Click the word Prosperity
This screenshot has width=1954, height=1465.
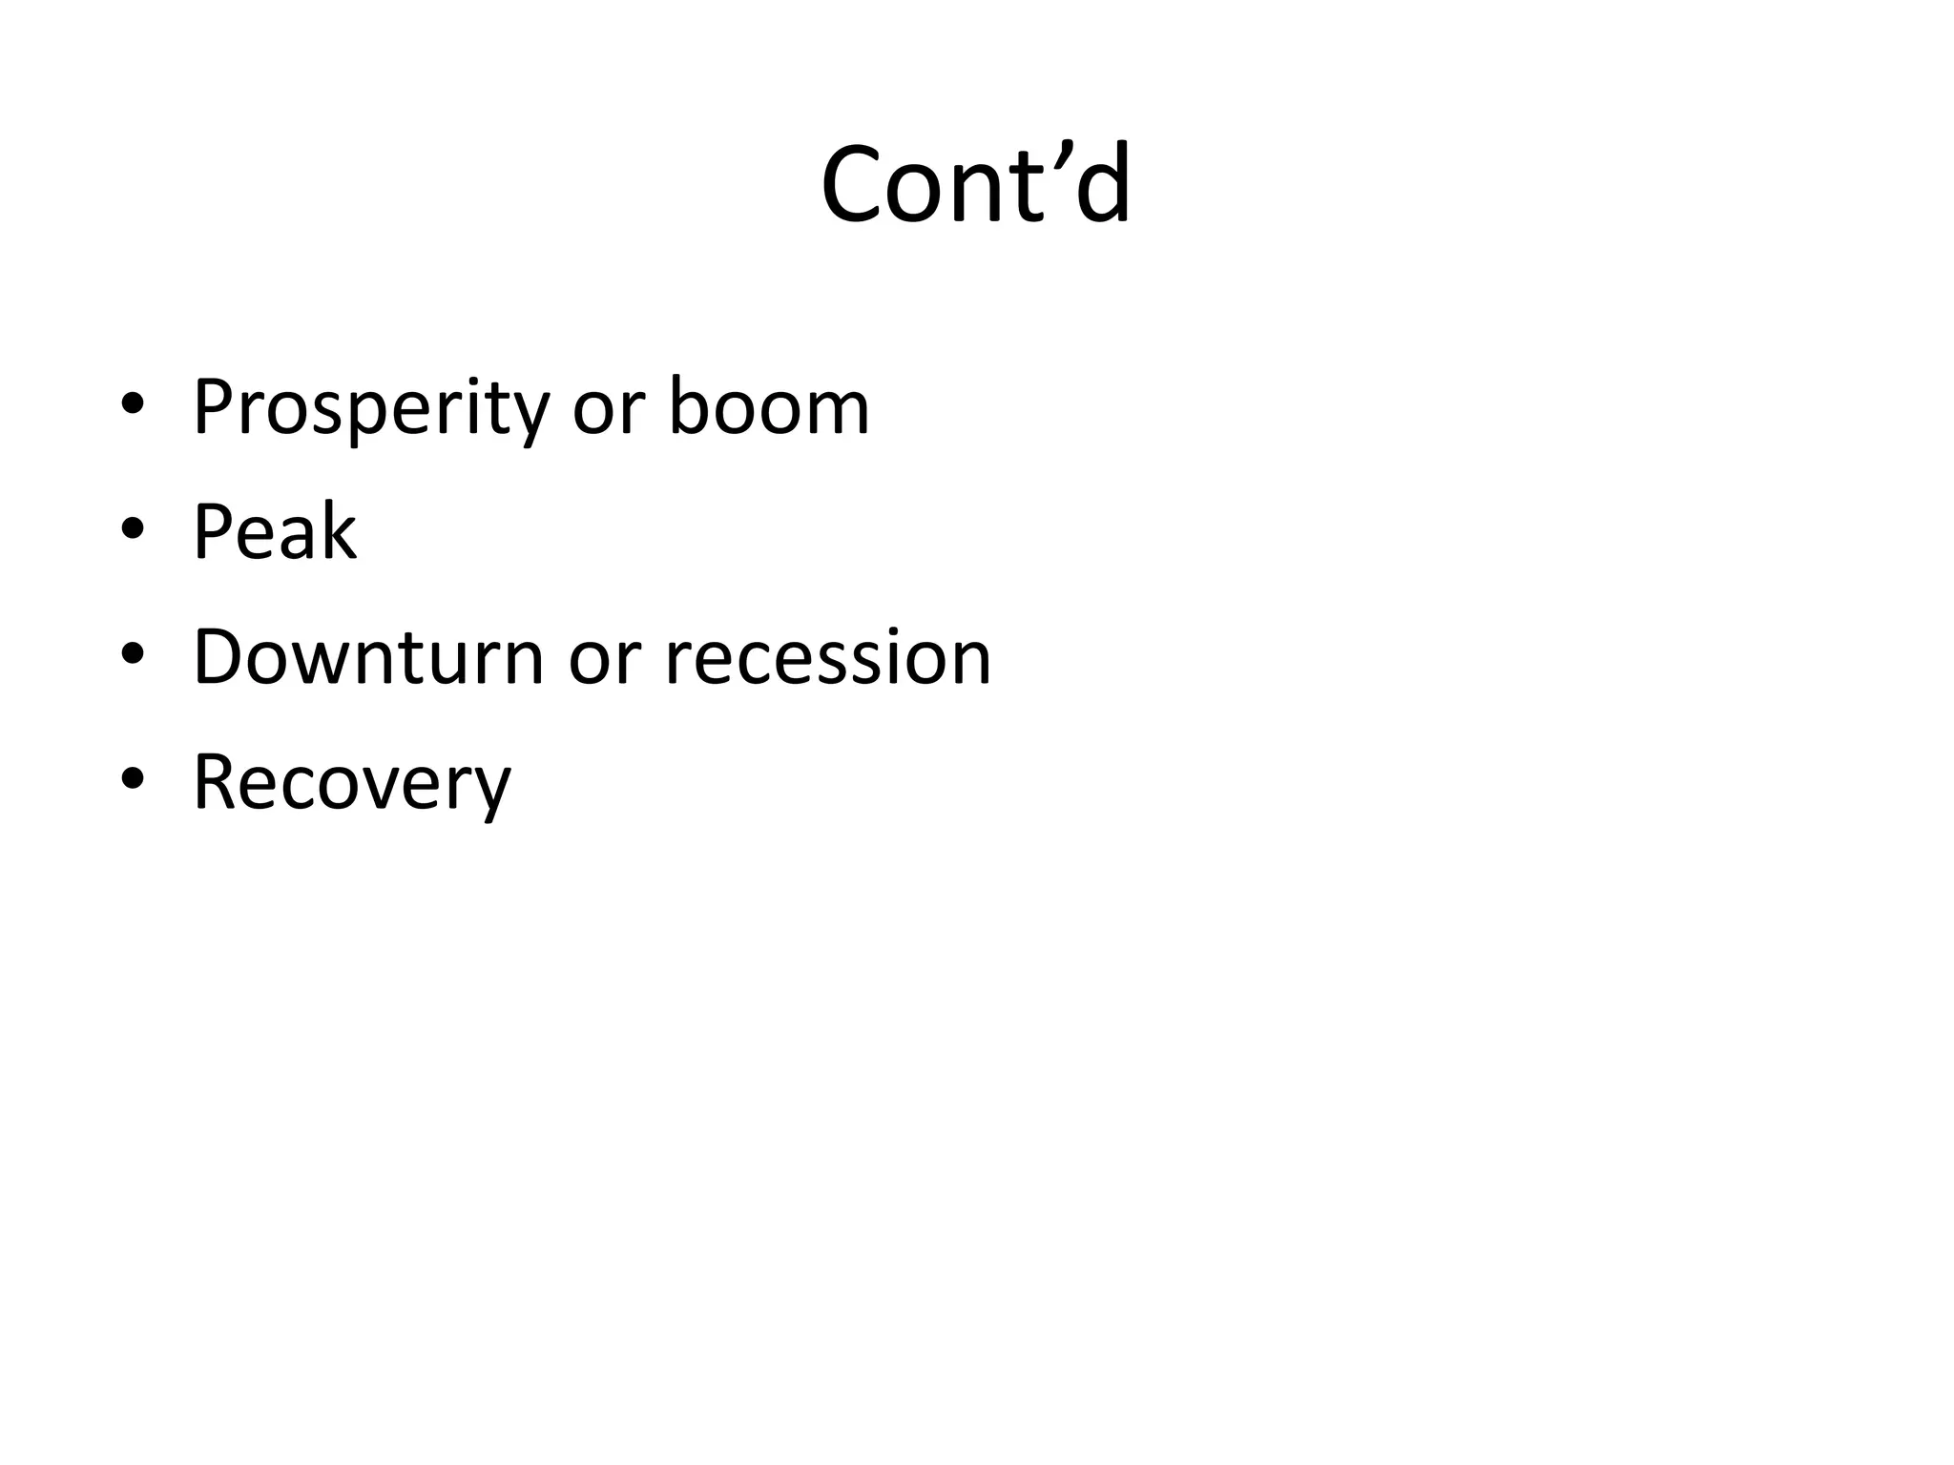pyautogui.click(x=371, y=408)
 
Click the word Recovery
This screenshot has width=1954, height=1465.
pyautogui.click(x=352, y=783)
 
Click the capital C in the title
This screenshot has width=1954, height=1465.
pyautogui.click(x=851, y=186)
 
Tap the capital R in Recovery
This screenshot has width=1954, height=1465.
pyautogui.click(x=217, y=781)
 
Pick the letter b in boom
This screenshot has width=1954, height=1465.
pyautogui.click(x=688, y=406)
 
